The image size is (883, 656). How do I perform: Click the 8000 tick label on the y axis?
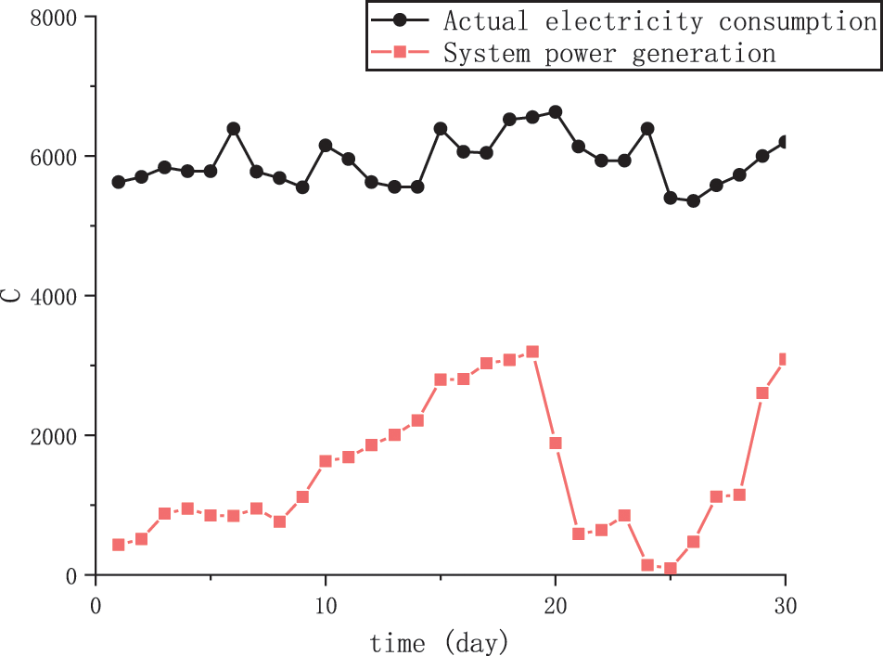click(51, 18)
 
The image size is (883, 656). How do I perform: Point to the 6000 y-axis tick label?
click(51, 157)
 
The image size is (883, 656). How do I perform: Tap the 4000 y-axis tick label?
click(51, 296)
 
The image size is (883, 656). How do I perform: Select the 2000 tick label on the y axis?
click(51, 436)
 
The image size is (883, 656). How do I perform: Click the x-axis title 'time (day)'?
click(439, 641)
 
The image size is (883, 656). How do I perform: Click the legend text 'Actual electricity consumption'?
click(659, 20)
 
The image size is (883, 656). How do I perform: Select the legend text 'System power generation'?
click(609, 53)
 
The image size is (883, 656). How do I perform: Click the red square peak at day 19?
click(532, 352)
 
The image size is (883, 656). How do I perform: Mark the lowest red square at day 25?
click(671, 569)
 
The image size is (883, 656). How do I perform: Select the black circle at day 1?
click(119, 182)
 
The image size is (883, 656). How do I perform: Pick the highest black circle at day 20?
click(556, 112)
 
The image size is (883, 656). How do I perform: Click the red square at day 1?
click(119, 545)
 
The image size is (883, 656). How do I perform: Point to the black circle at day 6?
click(234, 128)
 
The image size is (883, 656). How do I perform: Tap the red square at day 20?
click(556, 443)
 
